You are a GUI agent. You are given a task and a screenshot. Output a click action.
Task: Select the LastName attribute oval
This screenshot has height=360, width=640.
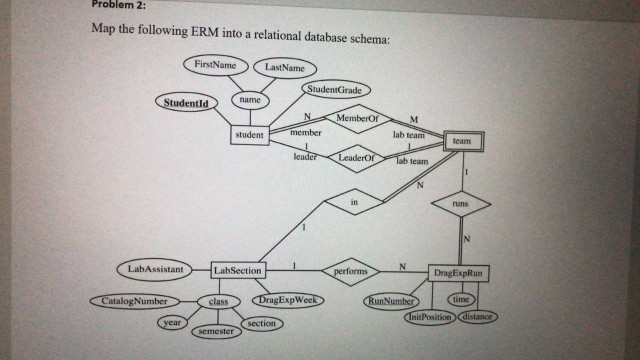coord(284,68)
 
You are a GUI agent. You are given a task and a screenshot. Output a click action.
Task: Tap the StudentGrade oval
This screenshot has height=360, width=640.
coord(334,92)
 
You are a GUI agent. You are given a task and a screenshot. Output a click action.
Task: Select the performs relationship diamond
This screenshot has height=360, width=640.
coord(351,271)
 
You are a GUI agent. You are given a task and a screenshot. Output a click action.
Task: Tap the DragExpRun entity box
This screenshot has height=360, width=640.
coord(458,272)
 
